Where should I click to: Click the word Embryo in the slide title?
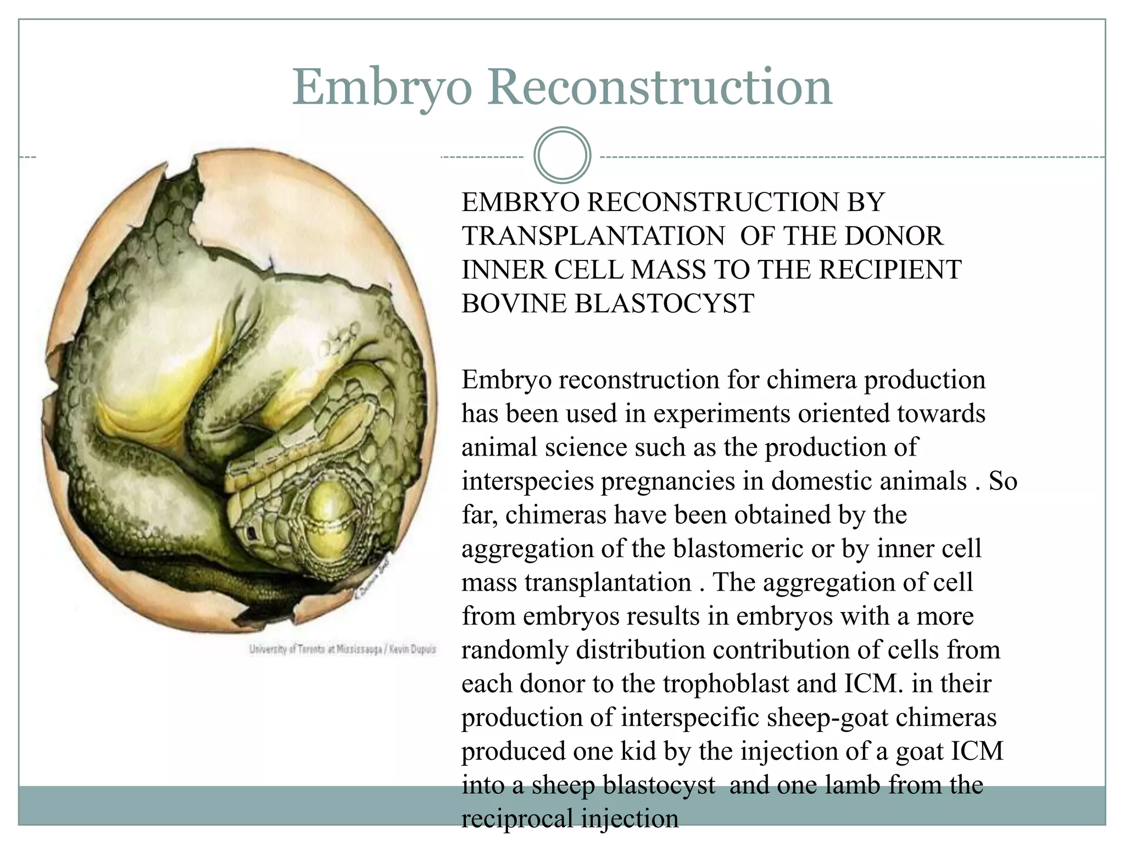(381, 88)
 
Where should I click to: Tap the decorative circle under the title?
(562, 155)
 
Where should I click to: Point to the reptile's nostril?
(252, 531)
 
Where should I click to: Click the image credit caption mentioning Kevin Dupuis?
(342, 649)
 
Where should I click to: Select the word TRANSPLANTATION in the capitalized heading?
(593, 236)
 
